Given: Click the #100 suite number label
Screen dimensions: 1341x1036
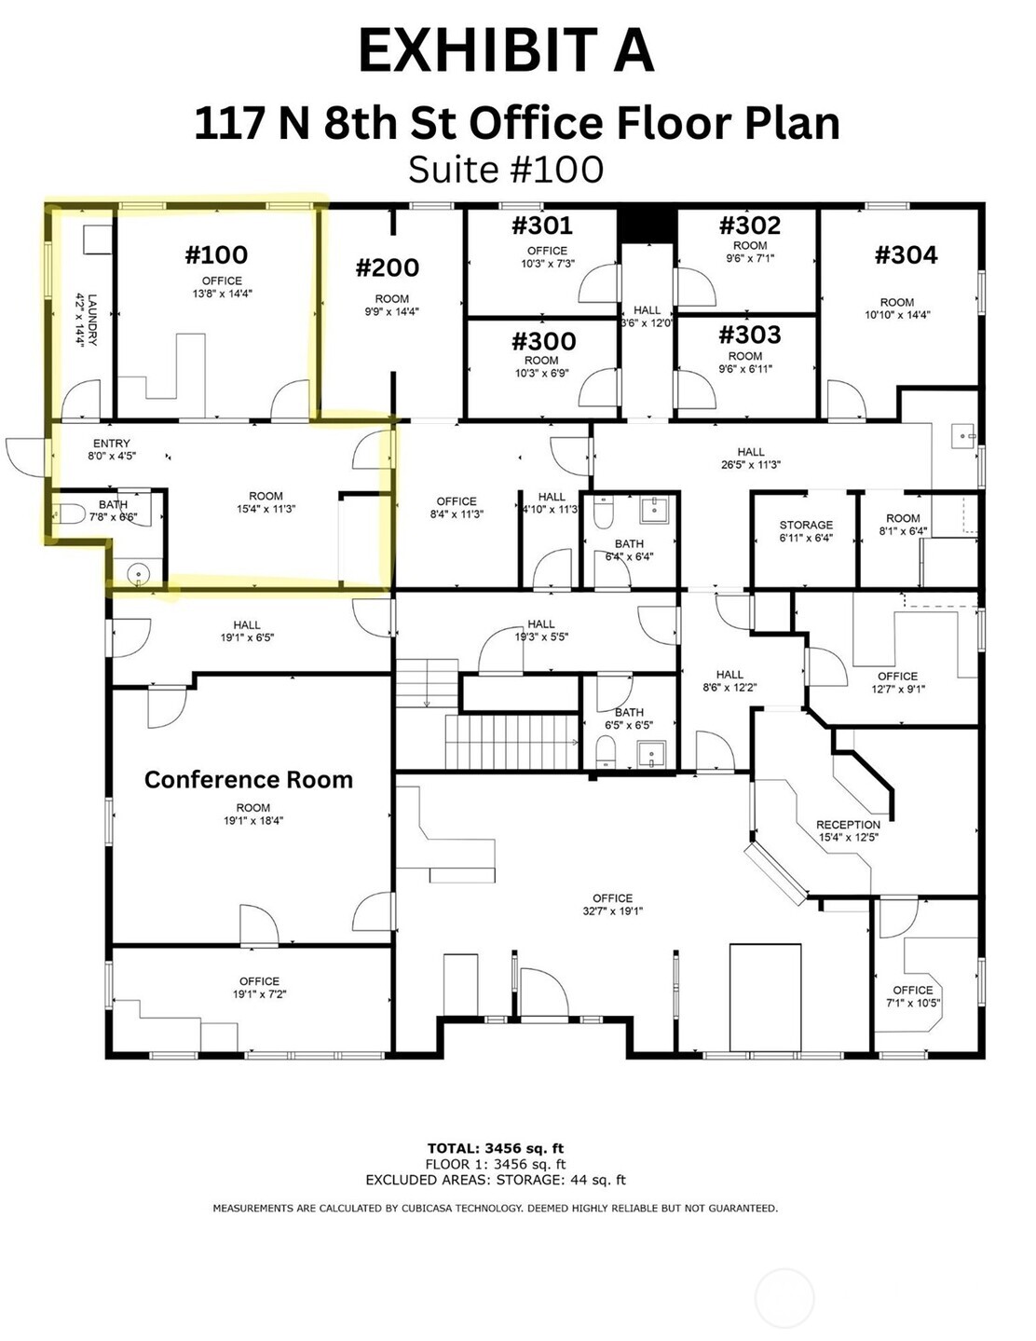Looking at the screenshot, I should [x=216, y=254].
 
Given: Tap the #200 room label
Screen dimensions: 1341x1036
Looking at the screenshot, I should [x=388, y=268].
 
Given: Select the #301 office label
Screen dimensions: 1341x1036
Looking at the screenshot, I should [x=542, y=226].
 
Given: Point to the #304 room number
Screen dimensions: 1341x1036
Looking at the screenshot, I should [x=906, y=254].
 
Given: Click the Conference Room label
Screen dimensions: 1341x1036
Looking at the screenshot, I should [x=249, y=780].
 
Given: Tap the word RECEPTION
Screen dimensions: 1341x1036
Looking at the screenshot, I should [x=848, y=825].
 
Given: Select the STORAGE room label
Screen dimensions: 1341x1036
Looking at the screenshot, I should [x=806, y=525].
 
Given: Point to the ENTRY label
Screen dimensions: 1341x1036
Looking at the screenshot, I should [x=112, y=444].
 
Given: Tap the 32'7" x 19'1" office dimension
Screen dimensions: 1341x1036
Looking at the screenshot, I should [x=612, y=911].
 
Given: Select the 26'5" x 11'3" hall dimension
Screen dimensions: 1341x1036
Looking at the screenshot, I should [x=751, y=465].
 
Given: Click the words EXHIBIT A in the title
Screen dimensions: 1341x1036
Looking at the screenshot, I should [x=506, y=50].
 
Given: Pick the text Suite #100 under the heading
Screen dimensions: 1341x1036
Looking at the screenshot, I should [x=506, y=170].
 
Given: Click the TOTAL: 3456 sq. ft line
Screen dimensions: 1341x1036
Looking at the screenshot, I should [x=495, y=1148].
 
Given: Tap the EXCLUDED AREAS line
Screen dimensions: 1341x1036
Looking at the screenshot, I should [x=495, y=1180].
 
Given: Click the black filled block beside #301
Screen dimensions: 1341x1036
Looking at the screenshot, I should [x=647, y=224].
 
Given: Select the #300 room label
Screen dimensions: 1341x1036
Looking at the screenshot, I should [x=543, y=341].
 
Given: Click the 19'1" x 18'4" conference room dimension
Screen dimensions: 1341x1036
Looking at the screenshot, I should [x=252, y=821].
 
